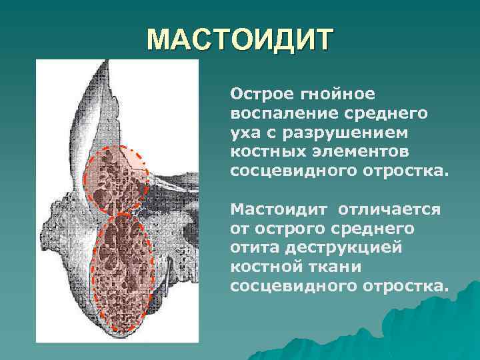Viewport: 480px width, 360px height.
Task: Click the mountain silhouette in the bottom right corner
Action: click(x=413, y=333)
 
